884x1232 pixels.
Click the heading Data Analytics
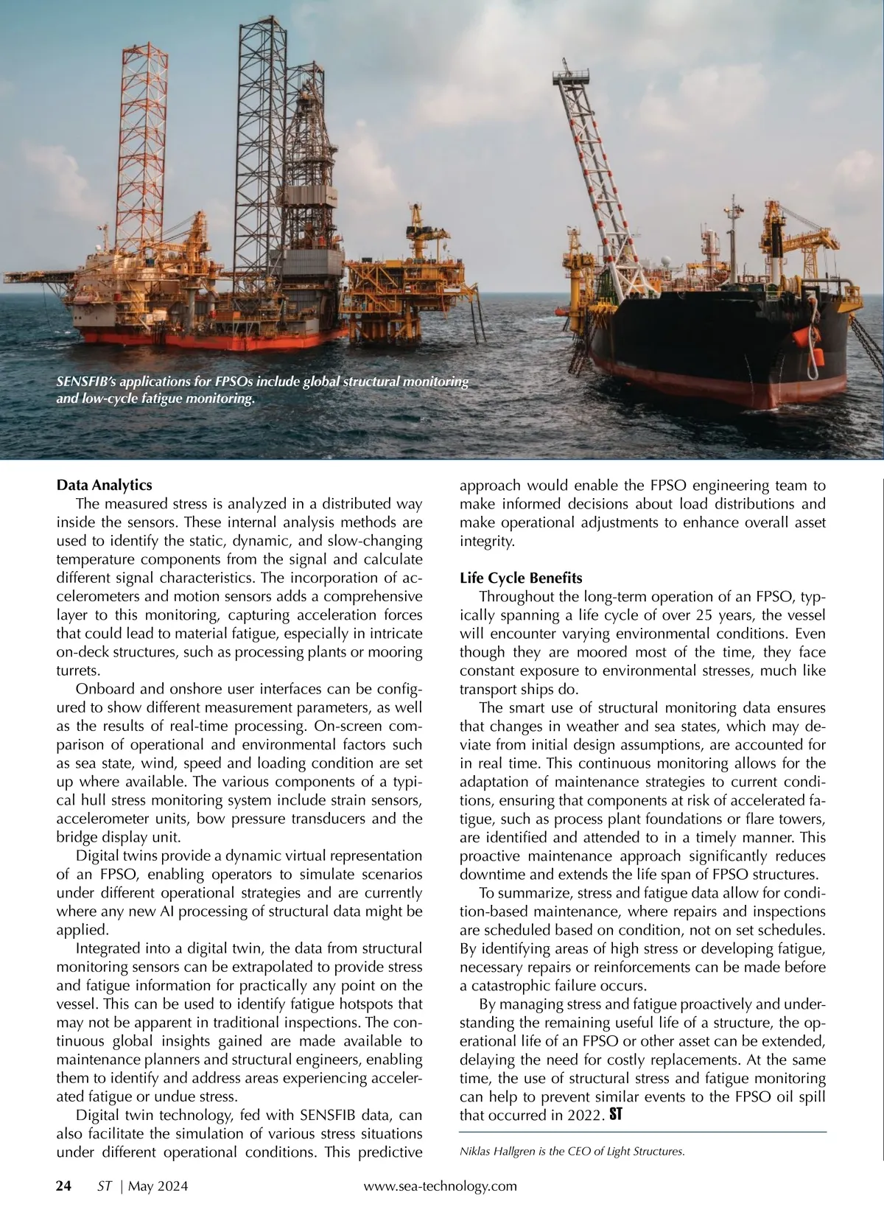104,486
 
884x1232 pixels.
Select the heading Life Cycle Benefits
521,578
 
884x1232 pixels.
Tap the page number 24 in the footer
64,1186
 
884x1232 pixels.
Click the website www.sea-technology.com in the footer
441,1186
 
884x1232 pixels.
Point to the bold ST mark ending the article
615,1116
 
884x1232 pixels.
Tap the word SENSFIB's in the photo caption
85,382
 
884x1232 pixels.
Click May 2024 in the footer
158,1186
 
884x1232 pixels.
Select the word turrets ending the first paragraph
77,671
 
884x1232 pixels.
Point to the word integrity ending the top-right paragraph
485,542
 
